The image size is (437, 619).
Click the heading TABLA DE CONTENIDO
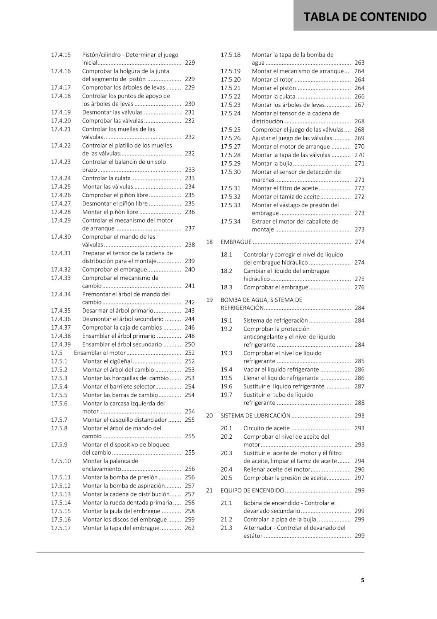[x=365, y=17]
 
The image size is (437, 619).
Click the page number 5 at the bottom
[x=362, y=580]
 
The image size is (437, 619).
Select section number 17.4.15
[x=61, y=55]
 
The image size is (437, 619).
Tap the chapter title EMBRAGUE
[x=236, y=242]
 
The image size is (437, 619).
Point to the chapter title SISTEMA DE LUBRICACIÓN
[x=255, y=416]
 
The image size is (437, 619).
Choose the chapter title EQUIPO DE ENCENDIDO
[x=252, y=490]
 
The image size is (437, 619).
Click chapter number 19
[x=209, y=300]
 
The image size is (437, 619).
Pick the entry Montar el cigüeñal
[x=107, y=361]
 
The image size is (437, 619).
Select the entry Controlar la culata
[x=106, y=178]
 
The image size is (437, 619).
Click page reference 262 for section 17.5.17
[x=189, y=528]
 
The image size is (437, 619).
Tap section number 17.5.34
[x=230, y=221]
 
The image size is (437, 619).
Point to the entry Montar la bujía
[x=272, y=163]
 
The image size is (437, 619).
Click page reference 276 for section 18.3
[x=359, y=287]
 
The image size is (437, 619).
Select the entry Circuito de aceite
[x=266, y=428]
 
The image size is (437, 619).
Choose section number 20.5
[x=226, y=478]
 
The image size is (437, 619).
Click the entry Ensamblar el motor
[x=100, y=352]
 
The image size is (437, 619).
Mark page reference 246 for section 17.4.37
[x=189, y=327]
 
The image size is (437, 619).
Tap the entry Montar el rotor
[x=272, y=79]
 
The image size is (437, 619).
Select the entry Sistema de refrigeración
[x=275, y=320]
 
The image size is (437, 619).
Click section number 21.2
[x=226, y=519]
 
